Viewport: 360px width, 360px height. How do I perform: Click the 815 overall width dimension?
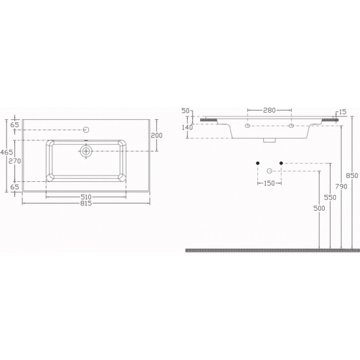tap(86, 203)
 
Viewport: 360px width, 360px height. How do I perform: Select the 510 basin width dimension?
tap(86, 197)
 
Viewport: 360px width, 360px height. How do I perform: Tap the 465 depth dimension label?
tap(7, 152)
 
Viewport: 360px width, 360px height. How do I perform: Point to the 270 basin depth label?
tap(14, 161)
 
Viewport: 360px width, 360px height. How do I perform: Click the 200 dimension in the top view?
tap(156, 135)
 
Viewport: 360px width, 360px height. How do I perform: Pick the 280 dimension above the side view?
tap(269, 111)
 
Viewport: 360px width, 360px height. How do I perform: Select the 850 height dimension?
tap(352, 175)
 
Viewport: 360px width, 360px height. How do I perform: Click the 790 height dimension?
tap(342, 187)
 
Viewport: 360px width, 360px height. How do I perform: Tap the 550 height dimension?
tap(330, 198)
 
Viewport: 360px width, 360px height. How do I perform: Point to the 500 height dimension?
tap(319, 208)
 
